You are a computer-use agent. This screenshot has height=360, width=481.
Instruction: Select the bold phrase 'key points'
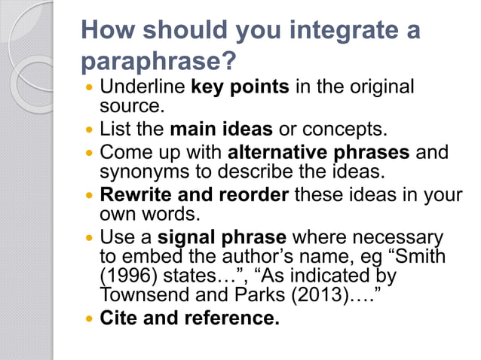click(x=240, y=87)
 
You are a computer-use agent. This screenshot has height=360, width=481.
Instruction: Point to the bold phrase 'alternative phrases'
click(x=319, y=152)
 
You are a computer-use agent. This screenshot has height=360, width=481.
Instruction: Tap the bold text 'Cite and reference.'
click(x=190, y=319)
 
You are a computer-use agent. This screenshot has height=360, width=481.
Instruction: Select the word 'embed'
click(x=153, y=256)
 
